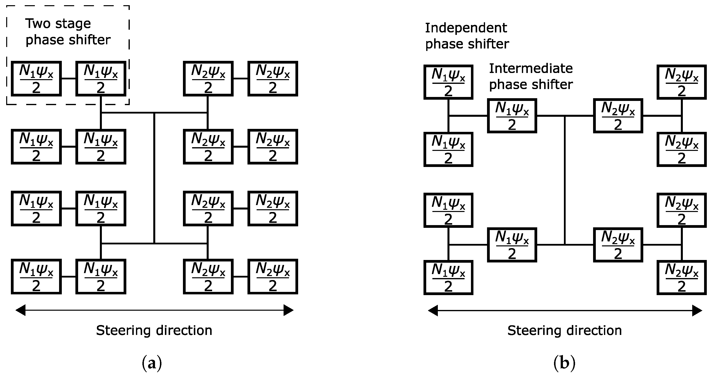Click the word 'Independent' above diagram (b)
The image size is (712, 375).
pos(466,28)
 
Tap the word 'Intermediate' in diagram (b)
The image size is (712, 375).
pos(531,69)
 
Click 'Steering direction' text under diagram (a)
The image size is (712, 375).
pos(154,330)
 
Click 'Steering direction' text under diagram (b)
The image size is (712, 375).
pos(564,330)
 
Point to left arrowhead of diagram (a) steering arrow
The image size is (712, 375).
pos(21,310)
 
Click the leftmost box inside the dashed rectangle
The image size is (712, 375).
pos(36,79)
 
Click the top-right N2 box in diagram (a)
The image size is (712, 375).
pos(272,79)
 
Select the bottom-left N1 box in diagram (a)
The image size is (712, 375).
pos(36,276)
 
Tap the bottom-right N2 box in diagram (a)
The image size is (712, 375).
pos(272,276)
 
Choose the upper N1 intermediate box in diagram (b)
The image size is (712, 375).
pos(512,116)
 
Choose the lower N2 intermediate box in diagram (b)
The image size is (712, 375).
pos(618,245)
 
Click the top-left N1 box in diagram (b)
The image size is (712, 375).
pos(448,82)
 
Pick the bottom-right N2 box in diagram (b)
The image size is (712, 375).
pos(681,277)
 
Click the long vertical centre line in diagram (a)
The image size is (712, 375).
pos(154,177)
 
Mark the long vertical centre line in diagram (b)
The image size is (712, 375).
pos(565,180)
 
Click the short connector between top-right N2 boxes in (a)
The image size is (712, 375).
pos(240,79)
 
